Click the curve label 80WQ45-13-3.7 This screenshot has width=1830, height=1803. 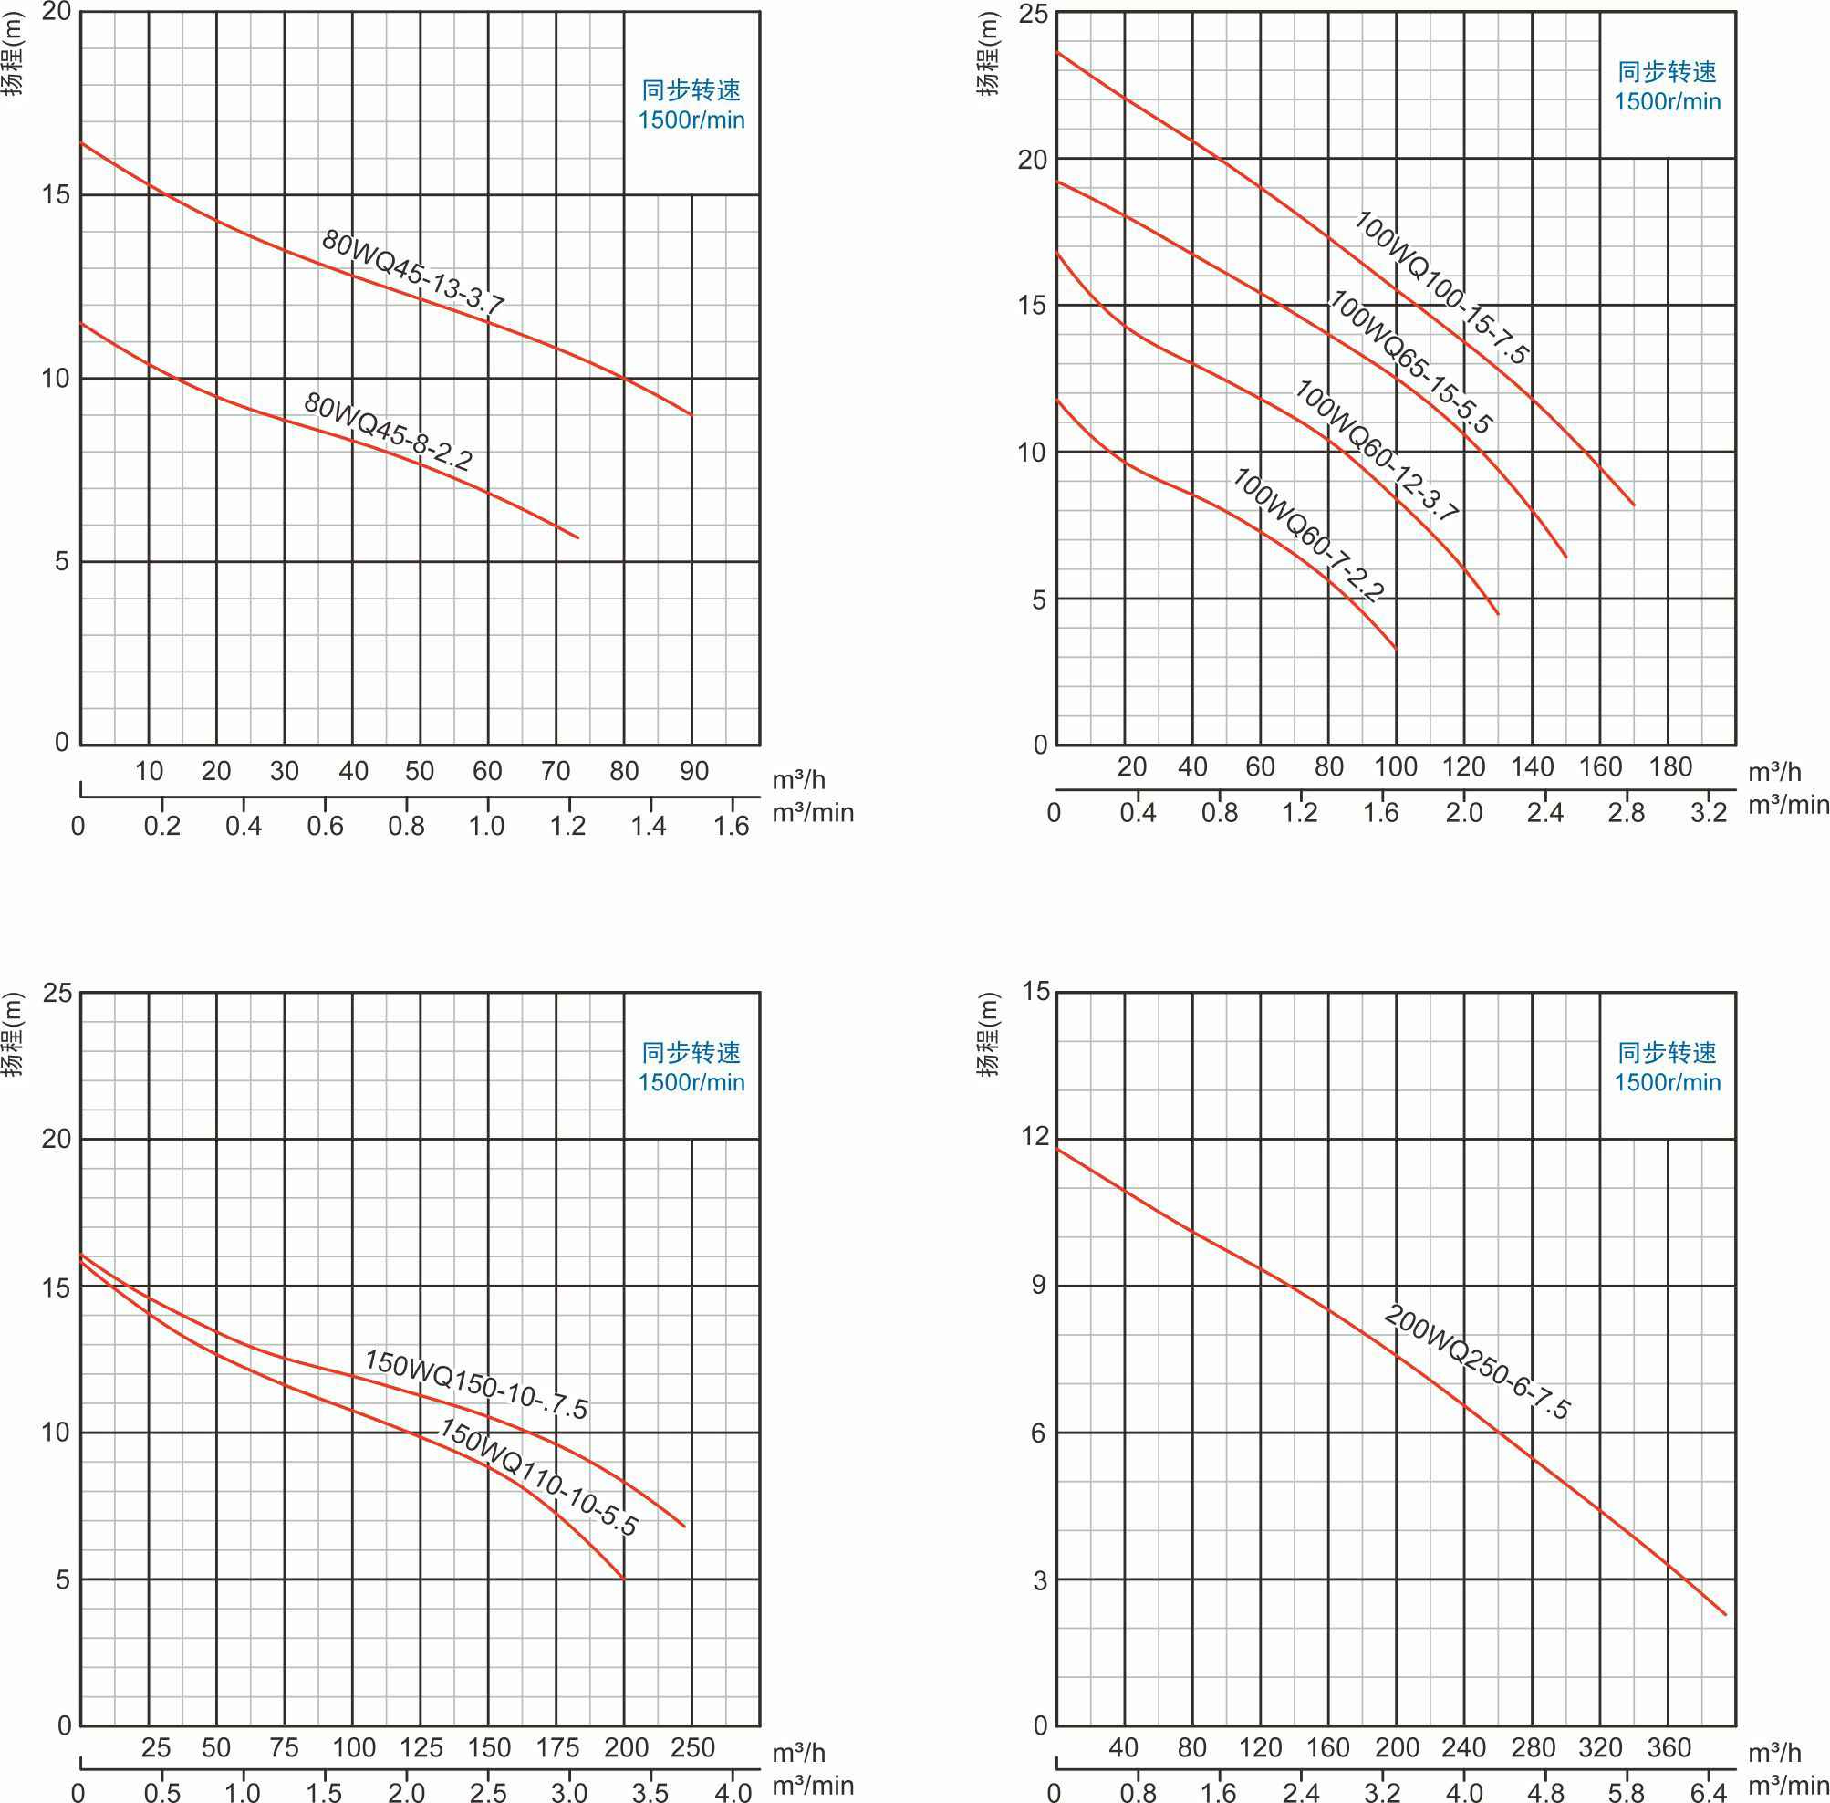[412, 271]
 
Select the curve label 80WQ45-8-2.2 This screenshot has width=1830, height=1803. [388, 431]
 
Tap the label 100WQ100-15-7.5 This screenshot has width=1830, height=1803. [1440, 287]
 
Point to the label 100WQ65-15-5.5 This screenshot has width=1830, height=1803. [1410, 361]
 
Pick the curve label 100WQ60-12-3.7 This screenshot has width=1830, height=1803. [1377, 452]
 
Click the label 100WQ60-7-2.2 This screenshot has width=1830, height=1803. [1308, 534]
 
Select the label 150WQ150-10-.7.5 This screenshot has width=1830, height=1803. [476, 1384]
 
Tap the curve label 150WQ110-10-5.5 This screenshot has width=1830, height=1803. [537, 1476]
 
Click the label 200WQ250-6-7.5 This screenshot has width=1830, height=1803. [1477, 1362]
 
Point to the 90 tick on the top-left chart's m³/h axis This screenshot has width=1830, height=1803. [694, 771]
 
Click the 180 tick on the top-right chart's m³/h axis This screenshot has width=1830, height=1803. [1670, 766]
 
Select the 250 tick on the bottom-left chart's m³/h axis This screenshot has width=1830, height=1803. [693, 1747]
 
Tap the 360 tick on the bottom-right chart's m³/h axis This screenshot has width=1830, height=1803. [1669, 1747]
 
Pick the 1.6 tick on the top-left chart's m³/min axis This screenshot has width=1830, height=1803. [731, 826]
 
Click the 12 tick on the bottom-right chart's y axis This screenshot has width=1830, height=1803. [1035, 1135]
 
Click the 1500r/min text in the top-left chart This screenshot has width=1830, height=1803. [691, 120]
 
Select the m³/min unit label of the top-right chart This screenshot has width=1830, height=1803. [1788, 805]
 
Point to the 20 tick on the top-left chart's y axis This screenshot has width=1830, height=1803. [57, 11]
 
